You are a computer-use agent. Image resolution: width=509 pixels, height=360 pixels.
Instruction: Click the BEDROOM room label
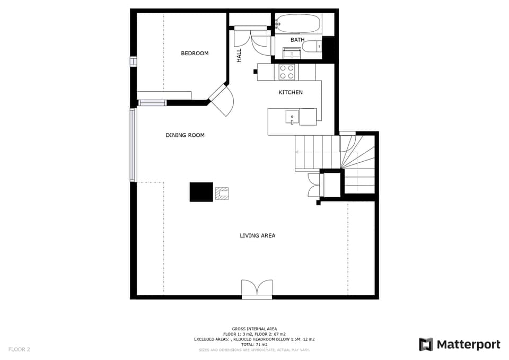pos(195,54)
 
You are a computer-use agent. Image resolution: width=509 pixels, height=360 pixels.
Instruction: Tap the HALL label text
pos(239,55)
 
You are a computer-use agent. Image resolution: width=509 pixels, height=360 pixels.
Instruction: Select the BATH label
pos(297,40)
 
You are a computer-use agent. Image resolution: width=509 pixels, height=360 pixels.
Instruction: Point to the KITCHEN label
pos(291,92)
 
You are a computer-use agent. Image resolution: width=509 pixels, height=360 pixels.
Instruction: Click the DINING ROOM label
pos(185,135)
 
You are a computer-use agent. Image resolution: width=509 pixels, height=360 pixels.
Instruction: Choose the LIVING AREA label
pos(257,235)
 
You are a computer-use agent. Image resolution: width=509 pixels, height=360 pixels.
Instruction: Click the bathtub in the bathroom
pos(298,24)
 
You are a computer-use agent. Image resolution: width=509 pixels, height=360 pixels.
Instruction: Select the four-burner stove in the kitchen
pos(287,72)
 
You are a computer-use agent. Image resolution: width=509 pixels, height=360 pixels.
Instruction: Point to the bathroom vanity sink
pos(292,53)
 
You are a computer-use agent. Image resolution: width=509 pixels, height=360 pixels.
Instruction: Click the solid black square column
pos(201,192)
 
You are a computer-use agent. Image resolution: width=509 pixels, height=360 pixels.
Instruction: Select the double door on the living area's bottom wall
pos(257,289)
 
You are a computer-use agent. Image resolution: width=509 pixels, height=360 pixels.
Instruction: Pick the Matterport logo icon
pos(426,345)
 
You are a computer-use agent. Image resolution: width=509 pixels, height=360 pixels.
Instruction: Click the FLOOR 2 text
pos(19,349)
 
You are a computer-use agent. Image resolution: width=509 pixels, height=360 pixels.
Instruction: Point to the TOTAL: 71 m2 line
pos(254,345)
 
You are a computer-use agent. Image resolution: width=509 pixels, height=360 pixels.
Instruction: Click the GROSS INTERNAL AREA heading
pos(254,329)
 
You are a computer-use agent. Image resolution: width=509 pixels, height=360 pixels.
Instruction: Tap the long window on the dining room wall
pos(133,145)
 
